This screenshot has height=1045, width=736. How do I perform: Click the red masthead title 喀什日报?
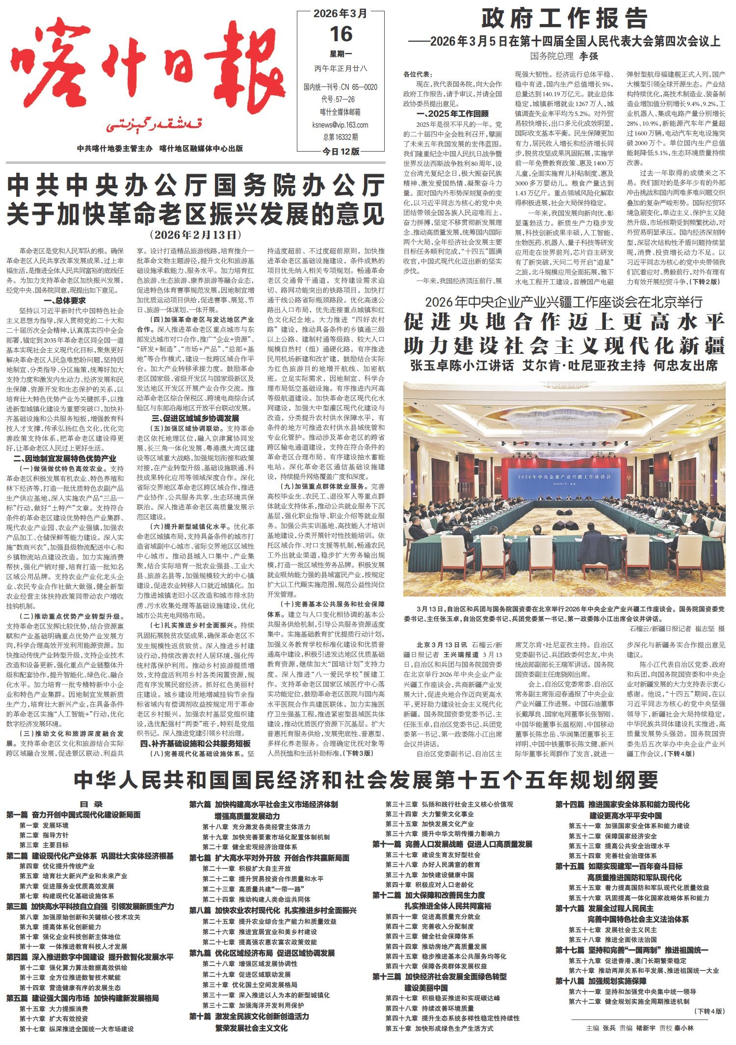point(147,74)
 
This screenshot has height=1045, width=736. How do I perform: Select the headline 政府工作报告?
point(564,20)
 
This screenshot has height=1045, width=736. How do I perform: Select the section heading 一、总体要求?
point(65,301)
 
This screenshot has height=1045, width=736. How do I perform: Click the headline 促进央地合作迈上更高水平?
point(564,322)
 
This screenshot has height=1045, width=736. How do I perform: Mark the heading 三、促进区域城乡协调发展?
point(195,418)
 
